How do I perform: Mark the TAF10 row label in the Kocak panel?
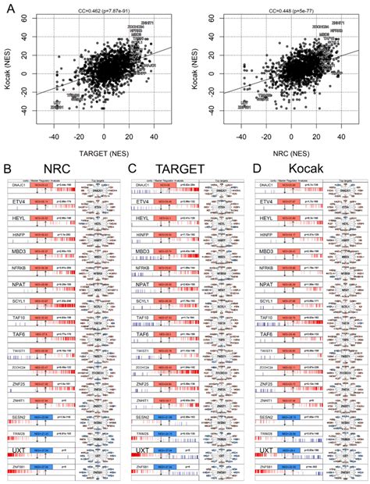pyautogui.click(x=264, y=318)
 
